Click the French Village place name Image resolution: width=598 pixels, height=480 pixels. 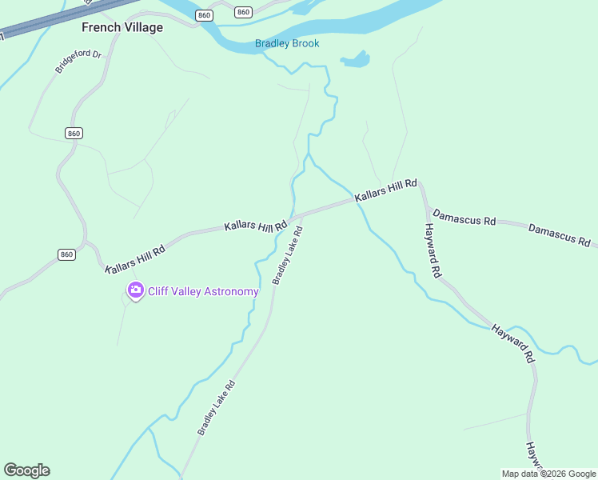coord(122,27)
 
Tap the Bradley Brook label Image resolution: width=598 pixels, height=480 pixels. coord(287,43)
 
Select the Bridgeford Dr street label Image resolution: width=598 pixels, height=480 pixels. coord(79,62)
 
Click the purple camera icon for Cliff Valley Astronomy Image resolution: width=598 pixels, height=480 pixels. coord(135,290)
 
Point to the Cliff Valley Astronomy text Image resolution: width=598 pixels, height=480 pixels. coord(203,291)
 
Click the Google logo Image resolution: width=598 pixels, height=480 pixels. coord(26,470)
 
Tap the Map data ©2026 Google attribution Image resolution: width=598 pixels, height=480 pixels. coord(548,474)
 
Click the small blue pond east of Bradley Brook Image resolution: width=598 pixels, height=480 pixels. coord(356,59)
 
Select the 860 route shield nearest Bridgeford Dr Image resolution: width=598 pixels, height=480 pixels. coord(74,133)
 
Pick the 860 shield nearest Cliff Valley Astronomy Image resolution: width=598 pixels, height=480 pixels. coord(66,254)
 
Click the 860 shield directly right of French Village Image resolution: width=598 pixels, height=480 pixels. coord(205,15)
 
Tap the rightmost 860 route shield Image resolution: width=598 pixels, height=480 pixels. coord(244,12)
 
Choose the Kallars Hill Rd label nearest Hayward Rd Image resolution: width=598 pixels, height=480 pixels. coord(386,190)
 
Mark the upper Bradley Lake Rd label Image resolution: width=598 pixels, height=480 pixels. coord(287,255)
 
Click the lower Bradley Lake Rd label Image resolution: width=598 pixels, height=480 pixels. coord(217,407)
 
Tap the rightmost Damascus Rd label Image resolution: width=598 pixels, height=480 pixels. coord(559,234)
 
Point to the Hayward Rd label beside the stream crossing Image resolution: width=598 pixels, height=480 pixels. coord(512,343)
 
